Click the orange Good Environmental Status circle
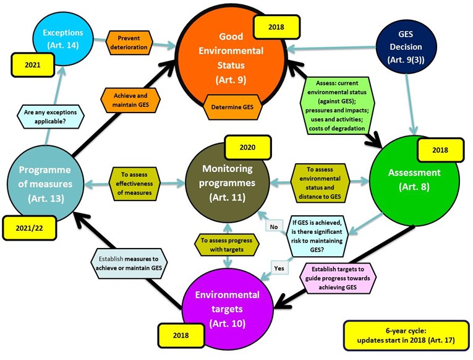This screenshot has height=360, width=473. click(x=223, y=56)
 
